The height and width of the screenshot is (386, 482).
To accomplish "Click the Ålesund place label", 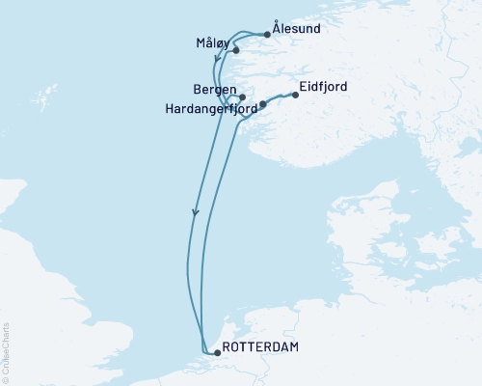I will click(297, 29).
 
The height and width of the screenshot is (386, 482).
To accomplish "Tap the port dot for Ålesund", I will click(267, 35).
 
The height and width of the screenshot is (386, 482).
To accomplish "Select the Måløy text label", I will click(212, 43).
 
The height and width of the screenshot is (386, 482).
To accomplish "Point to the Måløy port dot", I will click(235, 50).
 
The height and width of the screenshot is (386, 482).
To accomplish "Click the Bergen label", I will click(214, 91).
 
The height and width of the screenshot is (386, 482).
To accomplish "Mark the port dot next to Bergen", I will click(242, 97).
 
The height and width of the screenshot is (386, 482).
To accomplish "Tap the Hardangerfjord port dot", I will click(263, 103).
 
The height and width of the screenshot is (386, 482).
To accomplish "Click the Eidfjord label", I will click(324, 88).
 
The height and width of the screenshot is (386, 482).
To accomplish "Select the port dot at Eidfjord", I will click(295, 95).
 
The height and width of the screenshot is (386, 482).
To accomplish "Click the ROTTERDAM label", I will click(259, 346).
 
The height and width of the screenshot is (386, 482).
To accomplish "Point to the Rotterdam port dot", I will click(217, 352).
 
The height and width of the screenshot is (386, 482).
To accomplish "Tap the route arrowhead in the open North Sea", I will click(195, 211).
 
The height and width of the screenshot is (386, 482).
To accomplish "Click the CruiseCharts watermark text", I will click(6, 353).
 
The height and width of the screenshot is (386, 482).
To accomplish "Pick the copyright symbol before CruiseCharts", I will click(6, 379).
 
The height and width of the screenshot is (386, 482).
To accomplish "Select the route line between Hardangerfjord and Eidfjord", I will click(280, 96).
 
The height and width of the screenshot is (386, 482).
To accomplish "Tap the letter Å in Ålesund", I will click(278, 29).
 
